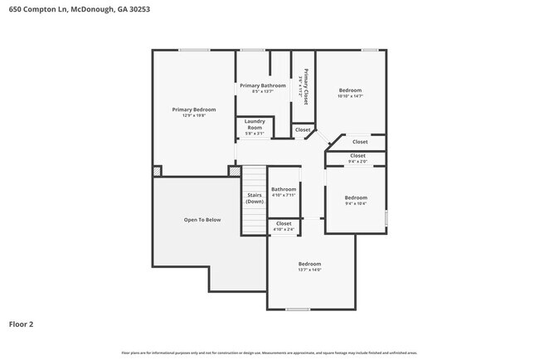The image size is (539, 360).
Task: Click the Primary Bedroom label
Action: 194,109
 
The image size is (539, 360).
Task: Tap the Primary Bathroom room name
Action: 262,85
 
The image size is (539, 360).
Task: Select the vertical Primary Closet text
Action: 305,85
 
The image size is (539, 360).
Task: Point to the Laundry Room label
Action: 255,124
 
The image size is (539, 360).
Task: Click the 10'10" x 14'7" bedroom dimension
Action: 351,96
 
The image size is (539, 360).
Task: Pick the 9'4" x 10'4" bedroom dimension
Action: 356,203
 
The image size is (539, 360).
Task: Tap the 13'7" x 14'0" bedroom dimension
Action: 309,270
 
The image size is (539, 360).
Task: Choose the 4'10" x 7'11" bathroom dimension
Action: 284,195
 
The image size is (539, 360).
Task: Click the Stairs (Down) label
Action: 255,199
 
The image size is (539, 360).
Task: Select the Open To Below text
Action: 202,220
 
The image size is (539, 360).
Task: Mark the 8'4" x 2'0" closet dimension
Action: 357,162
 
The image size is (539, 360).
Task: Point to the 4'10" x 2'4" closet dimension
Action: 284,229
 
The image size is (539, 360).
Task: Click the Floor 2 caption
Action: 21,324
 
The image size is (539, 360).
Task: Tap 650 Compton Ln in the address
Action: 29,9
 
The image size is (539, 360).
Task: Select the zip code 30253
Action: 128,9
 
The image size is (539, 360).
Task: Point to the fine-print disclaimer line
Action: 269,353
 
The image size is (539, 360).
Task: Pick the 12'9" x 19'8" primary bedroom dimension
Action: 194,116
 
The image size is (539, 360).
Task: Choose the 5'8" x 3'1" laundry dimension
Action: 255,134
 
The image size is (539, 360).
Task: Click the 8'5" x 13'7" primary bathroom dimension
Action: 262,91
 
